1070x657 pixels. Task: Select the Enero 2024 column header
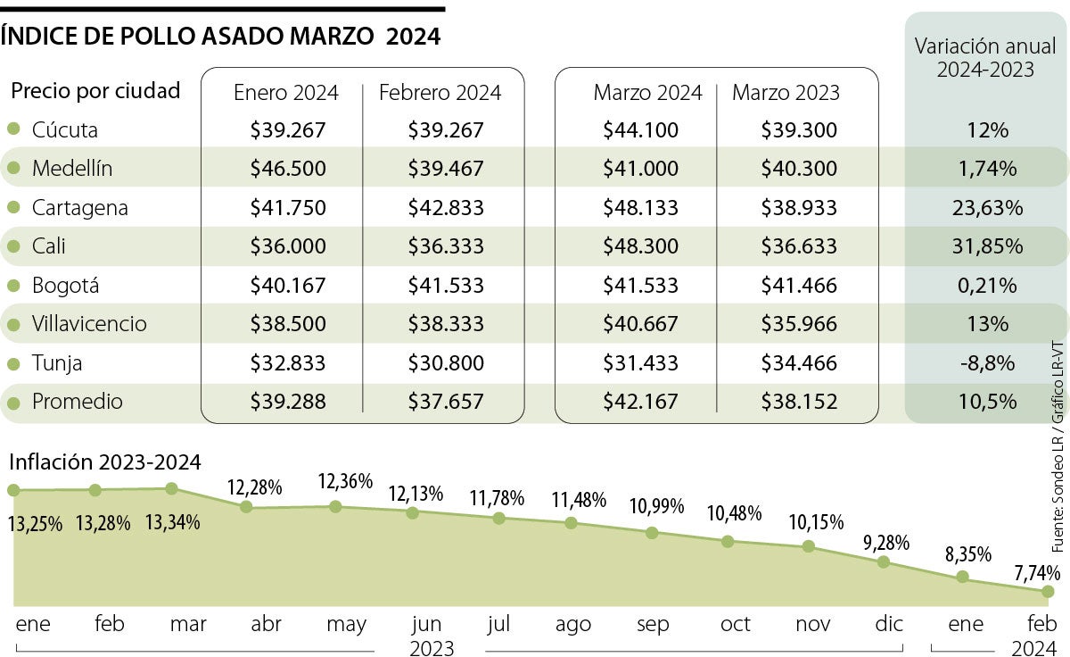click(x=285, y=93)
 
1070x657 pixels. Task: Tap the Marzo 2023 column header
click(x=786, y=93)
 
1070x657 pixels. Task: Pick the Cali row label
click(x=48, y=246)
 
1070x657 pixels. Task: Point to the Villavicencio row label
click(x=89, y=324)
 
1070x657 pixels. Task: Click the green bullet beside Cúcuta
click(x=12, y=129)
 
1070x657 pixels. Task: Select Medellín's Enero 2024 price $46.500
click(x=288, y=169)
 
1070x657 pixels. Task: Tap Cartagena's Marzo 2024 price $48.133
click(x=640, y=208)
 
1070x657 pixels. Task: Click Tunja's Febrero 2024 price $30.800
click(x=446, y=363)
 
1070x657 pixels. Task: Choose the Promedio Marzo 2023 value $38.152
click(x=799, y=403)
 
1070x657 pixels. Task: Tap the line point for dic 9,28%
click(x=884, y=561)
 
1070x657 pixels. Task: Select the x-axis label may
click(x=346, y=625)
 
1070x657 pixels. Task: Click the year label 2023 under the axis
click(x=432, y=646)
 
